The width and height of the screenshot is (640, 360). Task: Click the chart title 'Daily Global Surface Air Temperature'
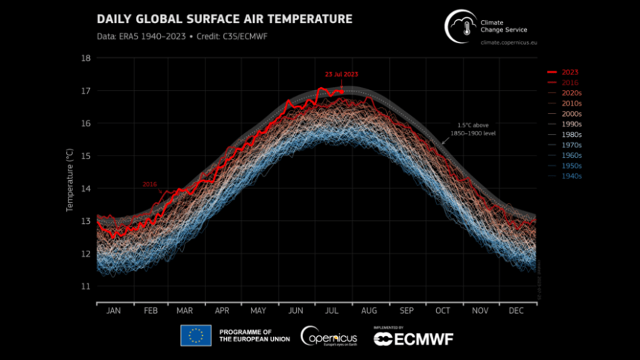point(214,18)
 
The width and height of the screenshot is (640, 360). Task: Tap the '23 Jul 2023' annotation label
point(342,74)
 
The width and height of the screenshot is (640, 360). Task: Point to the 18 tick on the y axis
point(86,57)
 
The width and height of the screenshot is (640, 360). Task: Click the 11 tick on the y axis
point(86,286)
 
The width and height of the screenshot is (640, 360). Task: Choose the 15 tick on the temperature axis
point(86,155)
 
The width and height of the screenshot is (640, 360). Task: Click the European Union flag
point(196,336)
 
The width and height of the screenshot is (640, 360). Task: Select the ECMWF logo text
point(414,338)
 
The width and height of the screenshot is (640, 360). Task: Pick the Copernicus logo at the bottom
point(329,336)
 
